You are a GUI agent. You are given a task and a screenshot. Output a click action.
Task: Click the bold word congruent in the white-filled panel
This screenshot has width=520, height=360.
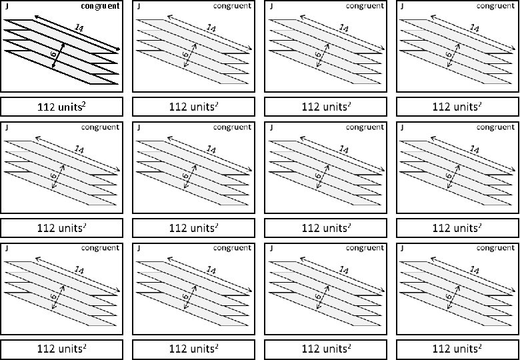[x=100, y=7]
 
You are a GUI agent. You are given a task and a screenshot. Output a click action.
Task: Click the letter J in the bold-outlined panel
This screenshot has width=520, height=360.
[x=7, y=7]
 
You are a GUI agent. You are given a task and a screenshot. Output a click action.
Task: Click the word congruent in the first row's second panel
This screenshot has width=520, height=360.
[x=232, y=7]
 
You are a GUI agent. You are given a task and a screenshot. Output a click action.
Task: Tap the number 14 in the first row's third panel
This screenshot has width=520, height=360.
[x=343, y=28]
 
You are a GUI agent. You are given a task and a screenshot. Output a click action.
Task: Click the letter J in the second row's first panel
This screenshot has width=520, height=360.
[x=7, y=127]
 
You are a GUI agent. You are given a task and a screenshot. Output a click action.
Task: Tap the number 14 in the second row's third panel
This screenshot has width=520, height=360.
[x=343, y=149]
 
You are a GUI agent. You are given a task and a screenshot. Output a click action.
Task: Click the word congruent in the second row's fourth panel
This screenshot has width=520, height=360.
[x=495, y=127]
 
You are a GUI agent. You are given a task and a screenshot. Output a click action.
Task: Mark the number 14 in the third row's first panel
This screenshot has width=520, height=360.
[x=79, y=270]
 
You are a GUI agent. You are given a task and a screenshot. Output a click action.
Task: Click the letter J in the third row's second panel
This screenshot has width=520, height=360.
[x=138, y=248]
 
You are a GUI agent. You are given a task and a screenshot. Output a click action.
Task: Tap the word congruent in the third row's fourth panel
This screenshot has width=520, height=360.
[x=495, y=248]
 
